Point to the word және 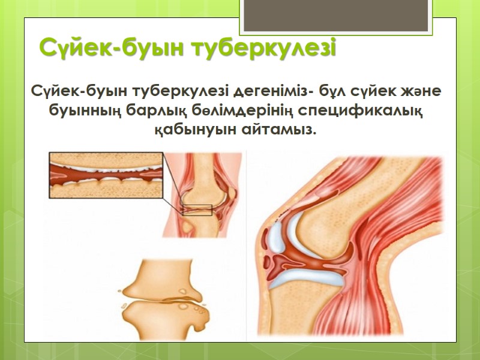tap(422, 93)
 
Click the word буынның tap(79, 112)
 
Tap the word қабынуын tap(200, 130)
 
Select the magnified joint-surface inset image tap(106, 177)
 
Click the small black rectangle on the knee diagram tap(196, 210)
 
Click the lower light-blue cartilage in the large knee tap(306, 273)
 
